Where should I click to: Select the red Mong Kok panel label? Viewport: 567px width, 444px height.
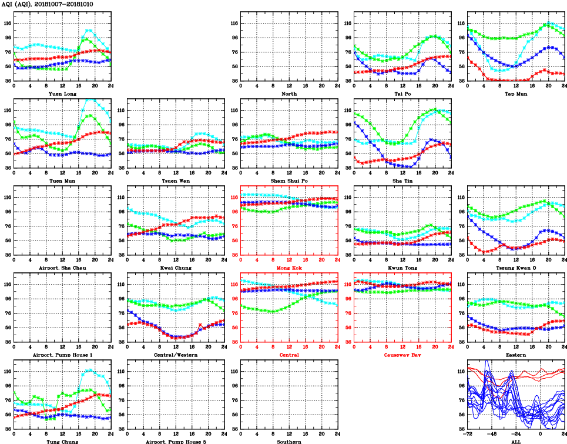point(288,268)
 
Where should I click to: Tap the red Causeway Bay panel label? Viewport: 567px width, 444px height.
point(402,355)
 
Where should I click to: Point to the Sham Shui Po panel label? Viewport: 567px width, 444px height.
point(288,181)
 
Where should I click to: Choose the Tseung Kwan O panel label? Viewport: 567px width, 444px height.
point(515,268)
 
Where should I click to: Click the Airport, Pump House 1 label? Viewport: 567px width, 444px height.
point(62,355)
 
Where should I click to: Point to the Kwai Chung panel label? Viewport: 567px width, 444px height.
point(175,268)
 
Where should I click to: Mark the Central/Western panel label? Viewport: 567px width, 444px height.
point(175,355)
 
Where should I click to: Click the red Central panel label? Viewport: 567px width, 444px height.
point(288,355)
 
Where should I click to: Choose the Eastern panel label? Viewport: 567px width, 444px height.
point(515,355)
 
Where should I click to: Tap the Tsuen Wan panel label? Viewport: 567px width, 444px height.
point(175,181)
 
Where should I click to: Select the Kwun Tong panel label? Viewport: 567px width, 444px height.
point(402,268)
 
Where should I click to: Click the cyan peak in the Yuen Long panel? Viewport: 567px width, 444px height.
point(88,30)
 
